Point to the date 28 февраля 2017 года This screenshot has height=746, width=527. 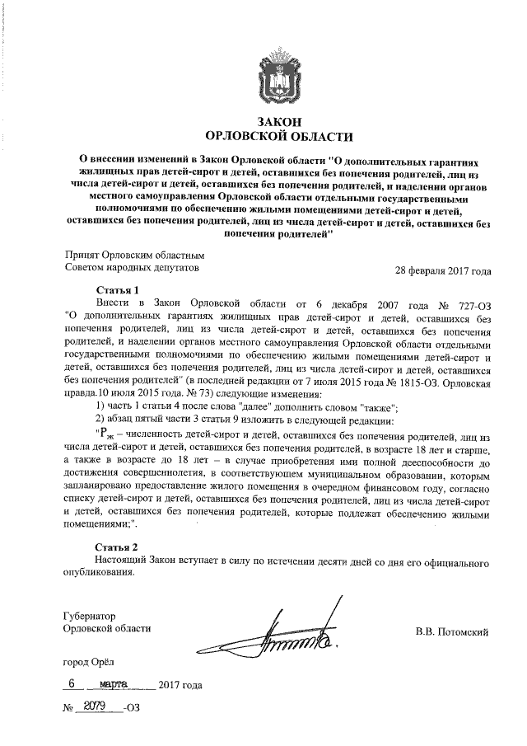pyautogui.click(x=443, y=270)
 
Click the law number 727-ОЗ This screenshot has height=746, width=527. pyautogui.click(x=473, y=303)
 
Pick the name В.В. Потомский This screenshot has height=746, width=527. pyautogui.click(x=452, y=631)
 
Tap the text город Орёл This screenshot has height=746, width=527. pyautogui.click(x=91, y=662)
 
